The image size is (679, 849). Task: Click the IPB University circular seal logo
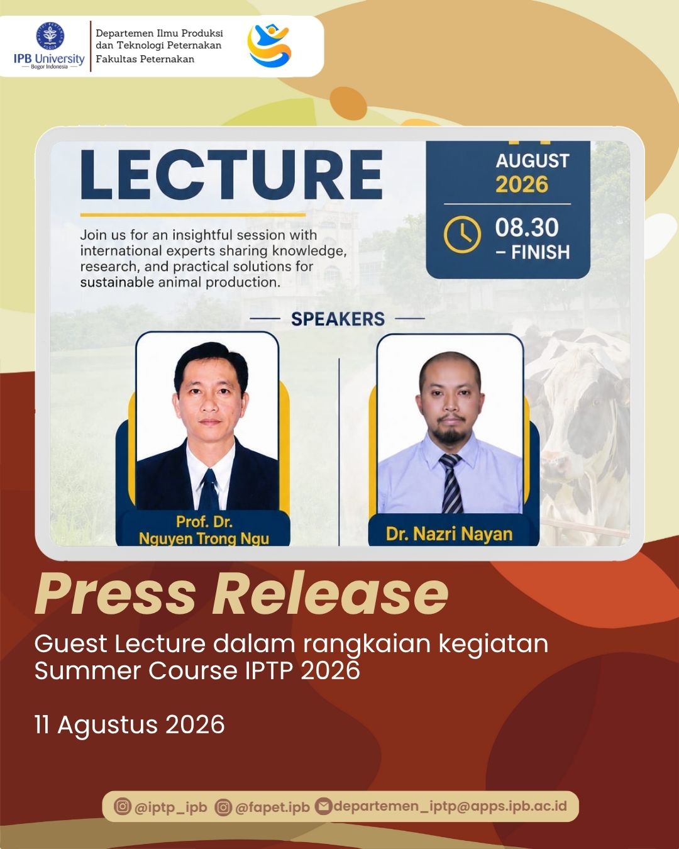50,36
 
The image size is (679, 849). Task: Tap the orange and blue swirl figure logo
270,45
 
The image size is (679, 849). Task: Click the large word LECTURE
231,175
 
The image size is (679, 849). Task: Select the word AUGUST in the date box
533,161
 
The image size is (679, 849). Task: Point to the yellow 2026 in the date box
522,184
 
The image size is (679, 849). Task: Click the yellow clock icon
462,235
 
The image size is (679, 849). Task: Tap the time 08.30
527,228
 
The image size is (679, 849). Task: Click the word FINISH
541,252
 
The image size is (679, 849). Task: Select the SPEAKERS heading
338,319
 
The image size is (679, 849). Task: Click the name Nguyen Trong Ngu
204,538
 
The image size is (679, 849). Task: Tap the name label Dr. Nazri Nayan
449,534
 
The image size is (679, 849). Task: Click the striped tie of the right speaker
451,483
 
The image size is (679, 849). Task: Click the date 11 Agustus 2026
130,724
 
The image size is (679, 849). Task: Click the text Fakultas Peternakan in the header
145,59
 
